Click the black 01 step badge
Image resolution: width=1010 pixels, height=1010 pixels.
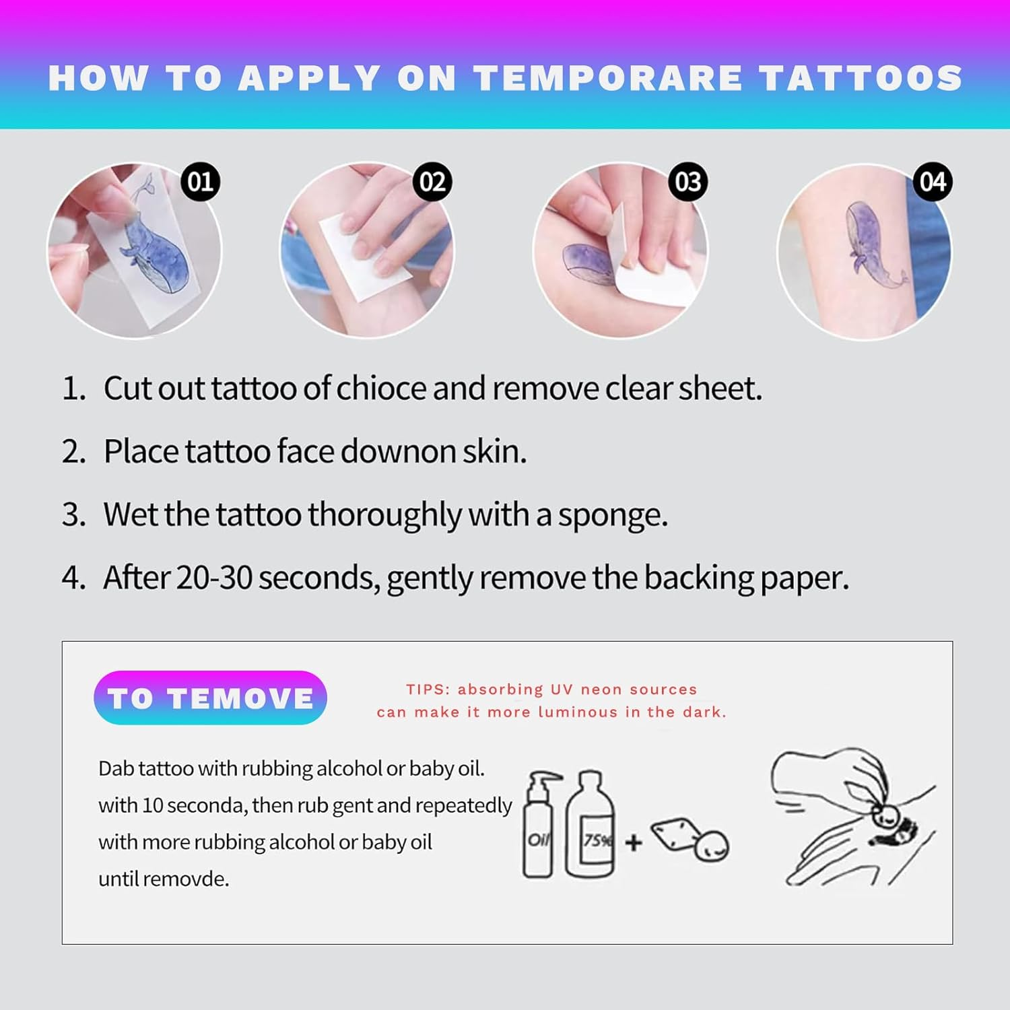[200, 182]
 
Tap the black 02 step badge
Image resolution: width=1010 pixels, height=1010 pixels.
[432, 182]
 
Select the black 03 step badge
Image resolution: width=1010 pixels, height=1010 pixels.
[687, 182]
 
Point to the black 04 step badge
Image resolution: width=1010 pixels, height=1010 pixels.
[933, 182]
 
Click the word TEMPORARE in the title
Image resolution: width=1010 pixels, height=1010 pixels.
[609, 78]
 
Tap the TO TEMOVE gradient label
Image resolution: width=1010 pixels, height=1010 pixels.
[210, 698]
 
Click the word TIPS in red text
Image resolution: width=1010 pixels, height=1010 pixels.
[427, 689]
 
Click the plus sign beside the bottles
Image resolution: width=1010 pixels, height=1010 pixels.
[633, 842]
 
